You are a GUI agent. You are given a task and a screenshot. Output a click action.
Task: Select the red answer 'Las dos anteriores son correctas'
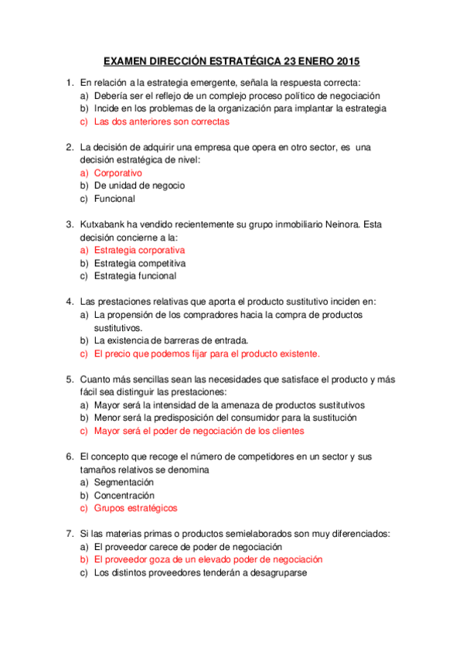point(161,121)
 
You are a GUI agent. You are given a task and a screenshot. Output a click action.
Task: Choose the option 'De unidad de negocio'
point(139,186)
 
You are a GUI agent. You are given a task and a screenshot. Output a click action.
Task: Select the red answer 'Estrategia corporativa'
point(139,251)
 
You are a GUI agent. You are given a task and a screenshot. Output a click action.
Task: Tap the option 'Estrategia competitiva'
point(139,263)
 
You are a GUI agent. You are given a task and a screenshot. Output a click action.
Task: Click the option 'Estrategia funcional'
point(134,276)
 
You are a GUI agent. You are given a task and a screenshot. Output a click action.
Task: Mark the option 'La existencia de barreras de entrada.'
point(171,340)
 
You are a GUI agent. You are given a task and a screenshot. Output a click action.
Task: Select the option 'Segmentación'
point(124,482)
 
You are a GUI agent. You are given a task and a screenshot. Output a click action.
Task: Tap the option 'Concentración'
point(124,495)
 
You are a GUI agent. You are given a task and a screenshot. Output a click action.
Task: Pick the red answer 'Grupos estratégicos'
point(135,508)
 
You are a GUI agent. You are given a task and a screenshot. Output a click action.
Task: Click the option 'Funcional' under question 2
point(114,199)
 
